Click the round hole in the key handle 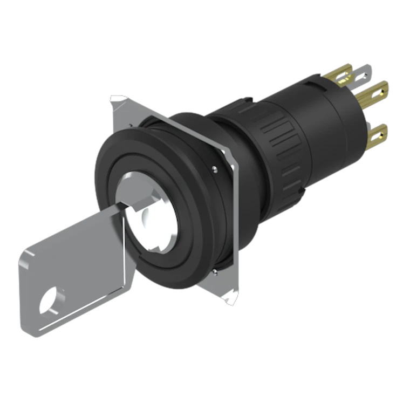[x=50, y=300]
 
